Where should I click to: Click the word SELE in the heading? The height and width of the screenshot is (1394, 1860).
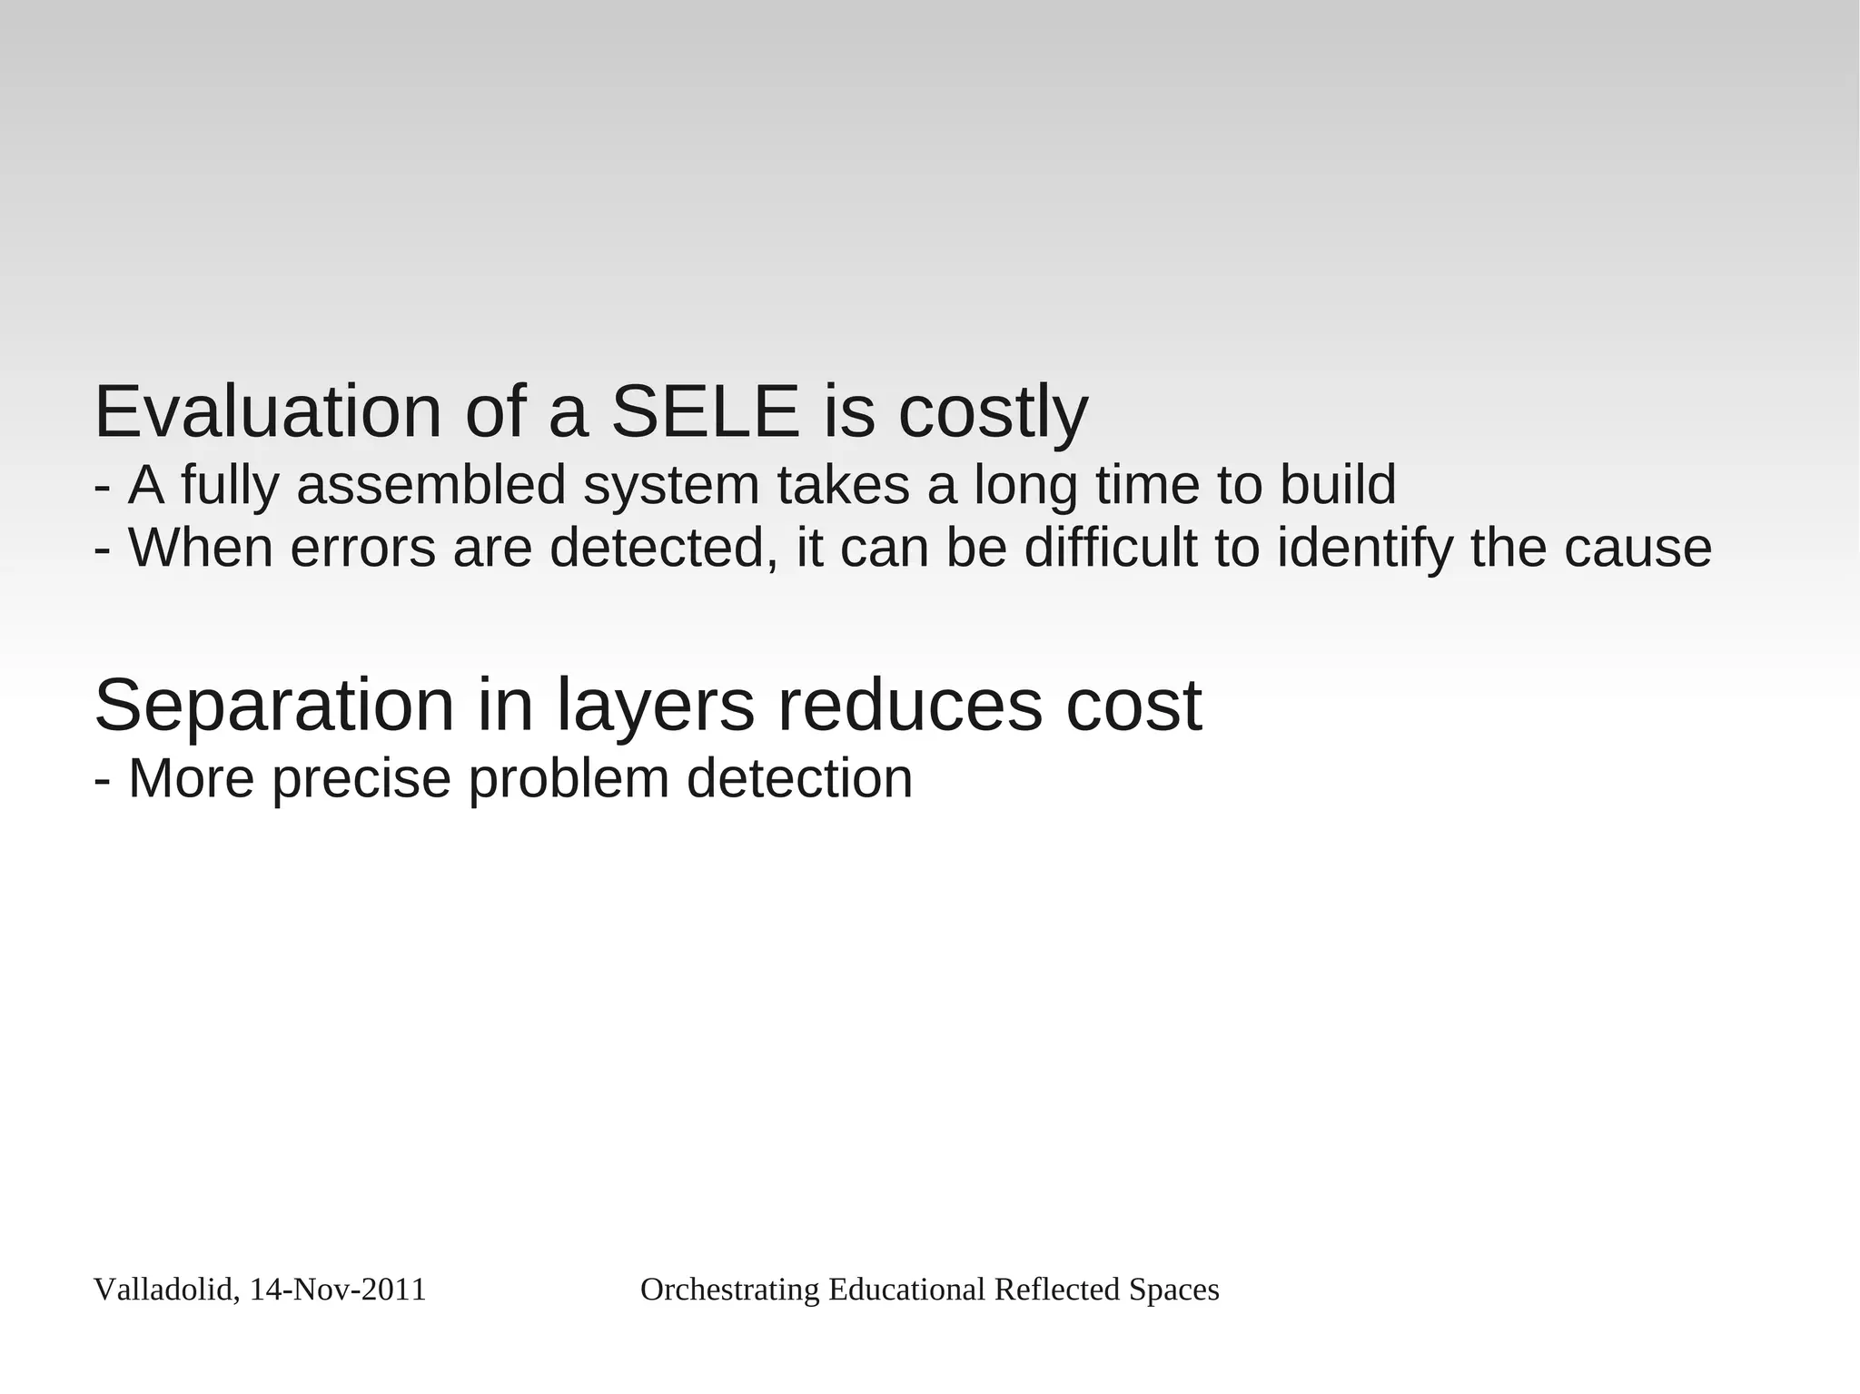[x=705, y=412]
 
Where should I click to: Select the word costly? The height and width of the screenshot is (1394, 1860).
[x=993, y=414]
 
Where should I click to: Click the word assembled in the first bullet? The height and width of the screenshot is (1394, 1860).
[x=431, y=485]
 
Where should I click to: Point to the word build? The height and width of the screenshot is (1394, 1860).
[x=1338, y=485]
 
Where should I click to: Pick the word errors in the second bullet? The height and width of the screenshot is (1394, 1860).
[x=362, y=549]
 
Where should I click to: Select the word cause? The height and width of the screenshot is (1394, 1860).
[x=1637, y=549]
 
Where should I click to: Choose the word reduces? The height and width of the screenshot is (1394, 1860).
[x=909, y=706]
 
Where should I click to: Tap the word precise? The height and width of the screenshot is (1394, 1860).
[x=361, y=780]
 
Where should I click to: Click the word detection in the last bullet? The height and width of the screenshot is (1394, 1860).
[x=799, y=778]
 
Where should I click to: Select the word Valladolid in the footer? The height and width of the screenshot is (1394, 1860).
[x=166, y=1290]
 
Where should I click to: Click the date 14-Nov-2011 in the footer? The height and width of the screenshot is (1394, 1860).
[x=337, y=1290]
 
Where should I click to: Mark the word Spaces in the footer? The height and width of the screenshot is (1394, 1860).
[x=1173, y=1290]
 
